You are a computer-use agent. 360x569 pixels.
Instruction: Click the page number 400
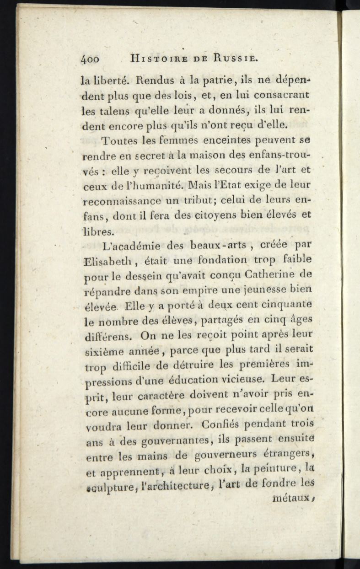coord(90,59)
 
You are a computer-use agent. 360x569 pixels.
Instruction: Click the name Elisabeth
coord(106,261)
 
